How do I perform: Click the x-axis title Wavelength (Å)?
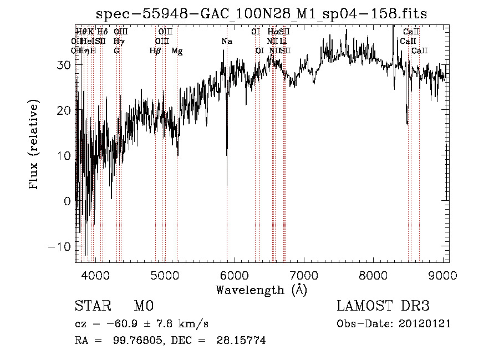click(261, 290)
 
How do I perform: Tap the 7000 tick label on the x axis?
click(304, 275)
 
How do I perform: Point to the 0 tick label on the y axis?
click(68, 201)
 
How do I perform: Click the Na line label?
click(227, 41)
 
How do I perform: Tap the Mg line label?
click(177, 51)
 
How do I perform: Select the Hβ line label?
click(155, 51)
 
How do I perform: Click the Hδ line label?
click(102, 32)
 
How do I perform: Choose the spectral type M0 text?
click(143, 306)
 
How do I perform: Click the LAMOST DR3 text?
click(383, 306)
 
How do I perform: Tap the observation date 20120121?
click(424, 324)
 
